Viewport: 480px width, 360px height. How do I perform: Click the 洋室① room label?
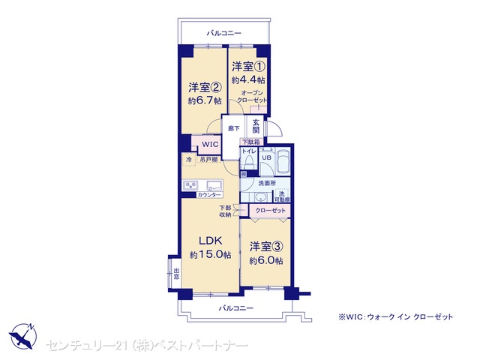pyautogui.click(x=248, y=66)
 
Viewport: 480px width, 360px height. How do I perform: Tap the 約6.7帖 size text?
pyautogui.click(x=205, y=100)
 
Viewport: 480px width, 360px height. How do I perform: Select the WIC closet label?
pyautogui.click(x=210, y=144)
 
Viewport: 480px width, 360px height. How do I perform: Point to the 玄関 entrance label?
pyautogui.click(x=256, y=126)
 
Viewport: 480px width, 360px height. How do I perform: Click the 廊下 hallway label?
pyautogui.click(x=234, y=128)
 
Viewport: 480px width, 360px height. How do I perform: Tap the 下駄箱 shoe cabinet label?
pyautogui.click(x=251, y=142)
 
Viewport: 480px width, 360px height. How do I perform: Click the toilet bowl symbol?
pyautogui.click(x=249, y=161)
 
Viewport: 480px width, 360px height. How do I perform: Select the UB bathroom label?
pyautogui.click(x=267, y=157)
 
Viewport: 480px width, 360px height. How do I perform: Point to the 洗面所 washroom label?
pyautogui.click(x=267, y=183)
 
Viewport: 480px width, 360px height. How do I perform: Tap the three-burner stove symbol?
pyautogui.click(x=190, y=185)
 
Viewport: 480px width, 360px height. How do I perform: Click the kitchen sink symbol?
pyautogui.click(x=214, y=185)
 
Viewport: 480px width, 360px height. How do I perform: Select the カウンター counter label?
pyautogui.click(x=209, y=195)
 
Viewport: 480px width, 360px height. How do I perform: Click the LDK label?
pyautogui.click(x=210, y=241)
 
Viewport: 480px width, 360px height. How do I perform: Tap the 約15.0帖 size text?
pyautogui.click(x=210, y=254)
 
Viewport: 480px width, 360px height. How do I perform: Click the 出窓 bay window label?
pyautogui.click(x=177, y=274)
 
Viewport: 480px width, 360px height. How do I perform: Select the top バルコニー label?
pyautogui.click(x=223, y=33)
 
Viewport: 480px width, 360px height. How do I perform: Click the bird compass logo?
pyautogui.click(x=22, y=336)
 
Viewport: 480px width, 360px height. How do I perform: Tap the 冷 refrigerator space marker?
pyautogui.click(x=189, y=160)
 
